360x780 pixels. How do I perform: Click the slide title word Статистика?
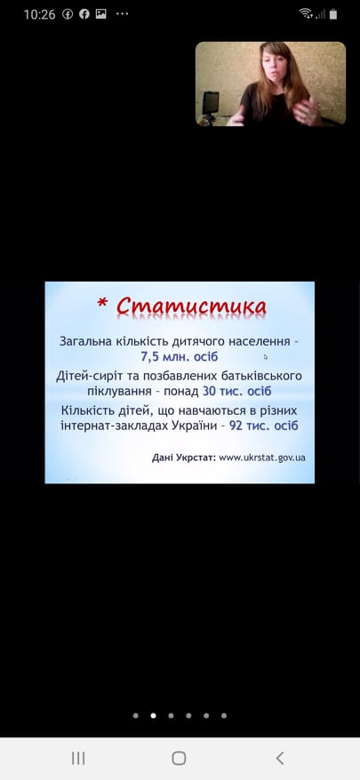tap(191, 306)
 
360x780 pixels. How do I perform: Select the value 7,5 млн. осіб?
tap(180, 357)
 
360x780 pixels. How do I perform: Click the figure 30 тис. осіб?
tap(237, 392)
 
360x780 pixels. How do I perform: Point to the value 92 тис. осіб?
tap(263, 426)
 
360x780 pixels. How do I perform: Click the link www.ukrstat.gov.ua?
tap(262, 458)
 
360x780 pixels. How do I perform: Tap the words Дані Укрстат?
tap(184, 458)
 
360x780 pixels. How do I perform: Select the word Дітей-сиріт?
tap(86, 376)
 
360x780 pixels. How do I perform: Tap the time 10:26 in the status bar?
tap(39, 14)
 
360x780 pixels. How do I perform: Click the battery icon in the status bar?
tap(333, 14)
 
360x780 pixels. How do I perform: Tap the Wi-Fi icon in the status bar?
tap(307, 14)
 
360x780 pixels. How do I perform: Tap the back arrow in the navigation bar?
tap(280, 758)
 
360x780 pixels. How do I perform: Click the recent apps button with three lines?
tap(78, 758)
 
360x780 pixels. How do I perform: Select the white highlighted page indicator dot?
tap(154, 716)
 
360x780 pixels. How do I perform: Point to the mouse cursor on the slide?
tap(266, 356)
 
